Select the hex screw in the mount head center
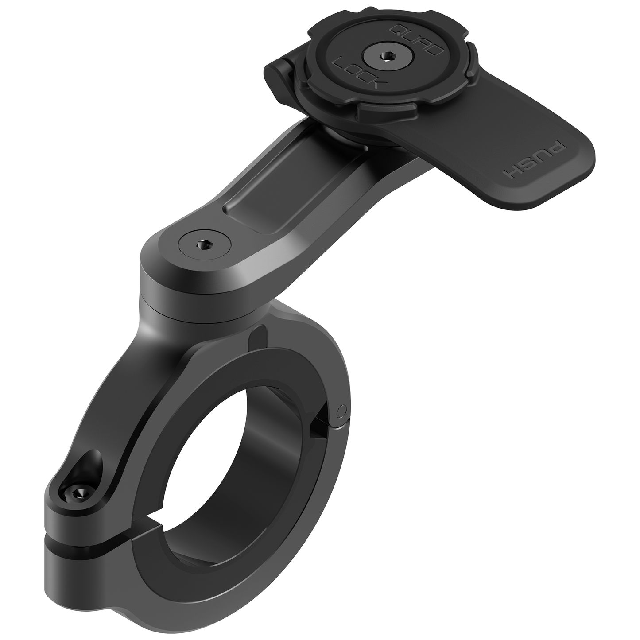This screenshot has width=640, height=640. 384,55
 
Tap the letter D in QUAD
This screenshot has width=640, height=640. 434,50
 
